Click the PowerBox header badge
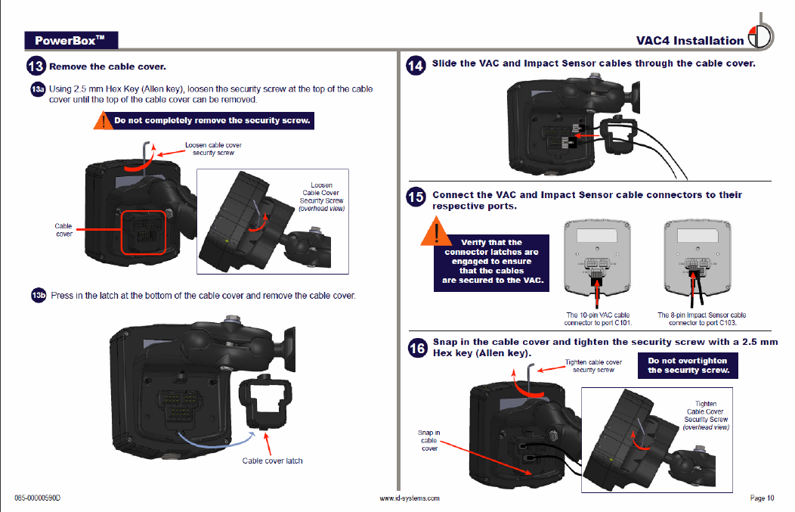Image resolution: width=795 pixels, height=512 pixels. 70,40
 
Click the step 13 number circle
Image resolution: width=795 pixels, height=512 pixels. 36,67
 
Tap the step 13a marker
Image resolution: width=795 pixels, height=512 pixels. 38,90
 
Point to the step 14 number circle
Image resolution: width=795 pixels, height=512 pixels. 416,65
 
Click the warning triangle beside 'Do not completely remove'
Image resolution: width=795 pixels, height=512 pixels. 103,120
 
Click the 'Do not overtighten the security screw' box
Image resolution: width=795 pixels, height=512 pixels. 688,366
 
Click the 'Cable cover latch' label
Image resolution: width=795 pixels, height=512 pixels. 272,461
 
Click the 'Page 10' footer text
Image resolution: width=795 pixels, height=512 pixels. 761,498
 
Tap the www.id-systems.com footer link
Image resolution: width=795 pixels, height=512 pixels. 409,498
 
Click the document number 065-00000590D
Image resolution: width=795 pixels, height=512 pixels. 37,498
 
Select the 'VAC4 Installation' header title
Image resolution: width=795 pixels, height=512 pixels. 690,41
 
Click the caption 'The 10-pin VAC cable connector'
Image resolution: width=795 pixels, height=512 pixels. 598,318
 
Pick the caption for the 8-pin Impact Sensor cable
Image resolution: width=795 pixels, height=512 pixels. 701,318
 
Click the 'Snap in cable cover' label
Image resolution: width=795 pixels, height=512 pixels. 428,441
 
